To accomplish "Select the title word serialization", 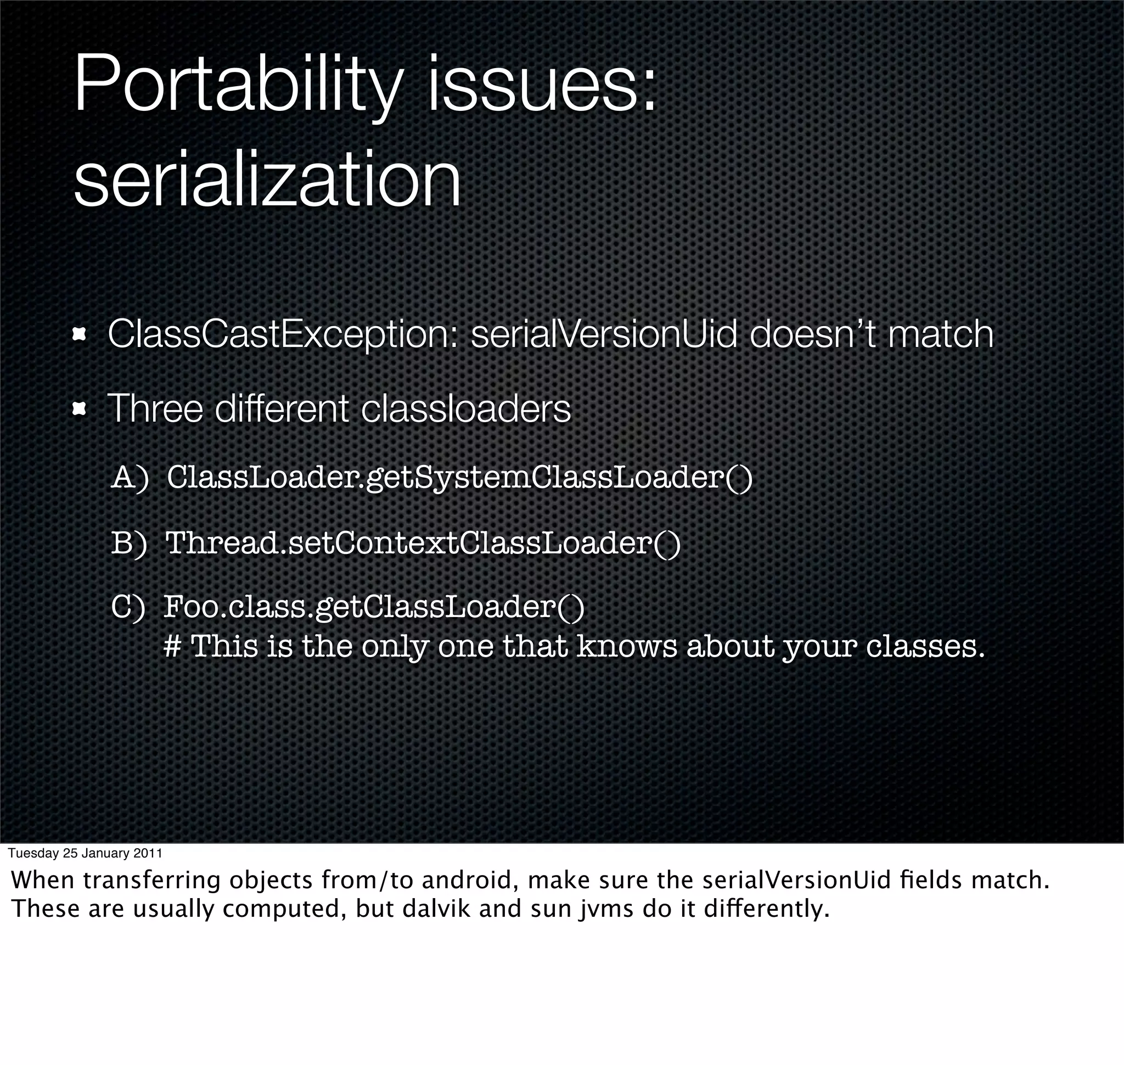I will click(267, 179).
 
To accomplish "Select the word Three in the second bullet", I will click(155, 408).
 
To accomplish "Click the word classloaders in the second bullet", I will click(465, 408).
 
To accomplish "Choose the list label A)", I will click(130, 478).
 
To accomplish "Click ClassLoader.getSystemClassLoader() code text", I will click(459, 478).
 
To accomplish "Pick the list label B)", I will click(129, 543).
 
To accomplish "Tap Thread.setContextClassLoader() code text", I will click(423, 543).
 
